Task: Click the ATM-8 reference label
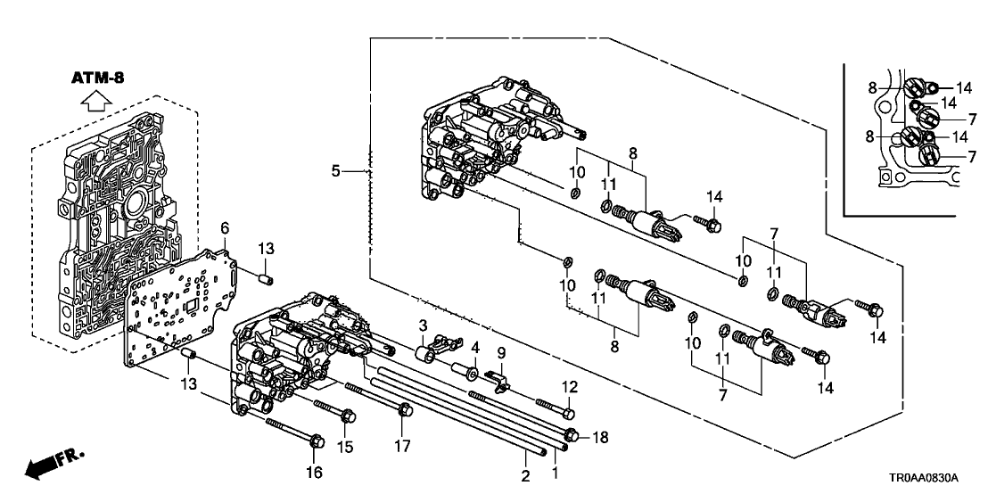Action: tap(97, 78)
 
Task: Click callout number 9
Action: tap(501, 354)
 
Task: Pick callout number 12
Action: tap(570, 388)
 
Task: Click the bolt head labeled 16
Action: tap(317, 440)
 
